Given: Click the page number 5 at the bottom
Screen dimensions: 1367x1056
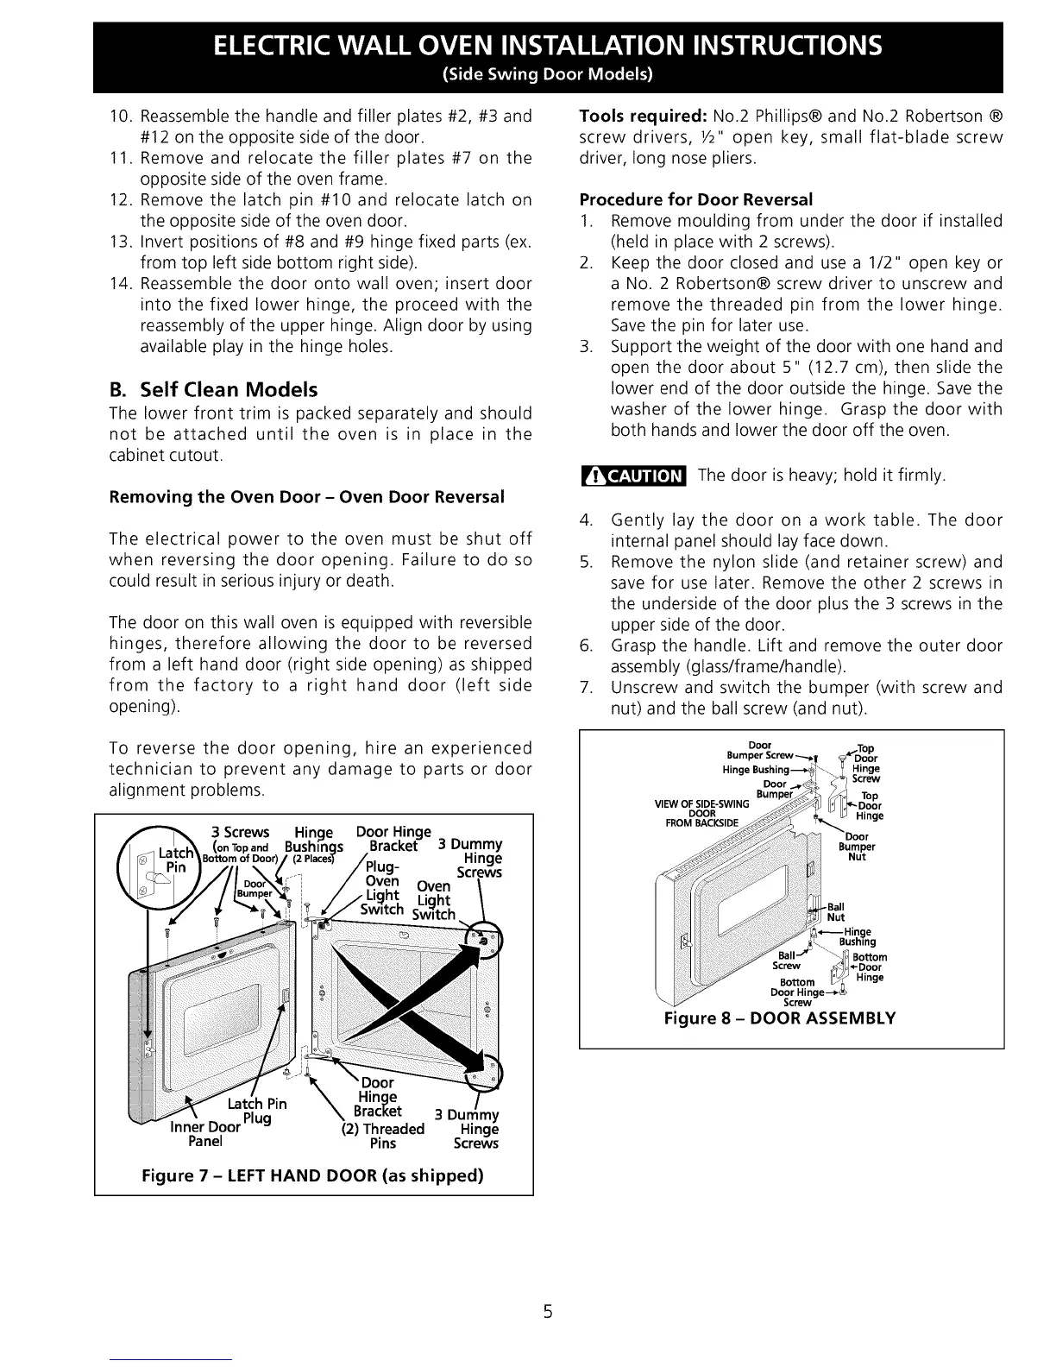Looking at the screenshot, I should [547, 1313].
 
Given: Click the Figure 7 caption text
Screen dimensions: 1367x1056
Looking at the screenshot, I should [313, 1175].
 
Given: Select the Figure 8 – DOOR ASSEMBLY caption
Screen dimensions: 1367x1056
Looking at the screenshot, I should [779, 1018].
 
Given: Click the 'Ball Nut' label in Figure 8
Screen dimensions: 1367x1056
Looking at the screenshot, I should [835, 912].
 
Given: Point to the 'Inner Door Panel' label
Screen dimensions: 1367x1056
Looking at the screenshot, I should [205, 1134].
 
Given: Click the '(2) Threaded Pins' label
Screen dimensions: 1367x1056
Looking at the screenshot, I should [383, 1136].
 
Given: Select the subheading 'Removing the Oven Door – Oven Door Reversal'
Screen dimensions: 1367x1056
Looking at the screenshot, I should [306, 497].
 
